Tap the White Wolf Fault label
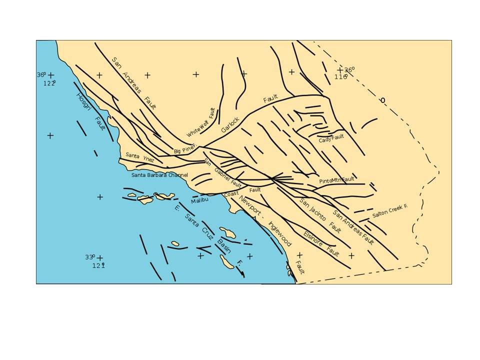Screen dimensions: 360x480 pyautogui.click(x=201, y=123)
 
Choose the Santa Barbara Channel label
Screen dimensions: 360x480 pyautogui.click(x=159, y=175)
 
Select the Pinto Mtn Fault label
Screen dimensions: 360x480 pyautogui.click(x=336, y=179)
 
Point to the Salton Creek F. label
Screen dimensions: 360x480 pyautogui.click(x=389, y=211)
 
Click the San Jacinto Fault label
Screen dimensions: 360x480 pyautogui.click(x=320, y=215)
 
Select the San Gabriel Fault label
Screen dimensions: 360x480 pyautogui.click(x=223, y=173)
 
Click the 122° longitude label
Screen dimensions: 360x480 pyautogui.click(x=49, y=83)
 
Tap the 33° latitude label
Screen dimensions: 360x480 pyautogui.click(x=90, y=257)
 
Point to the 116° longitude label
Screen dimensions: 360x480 pyautogui.click(x=340, y=77)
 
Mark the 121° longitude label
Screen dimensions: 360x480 pyautogui.click(x=98, y=265)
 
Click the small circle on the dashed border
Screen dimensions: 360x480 pyautogui.click(x=382, y=100)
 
